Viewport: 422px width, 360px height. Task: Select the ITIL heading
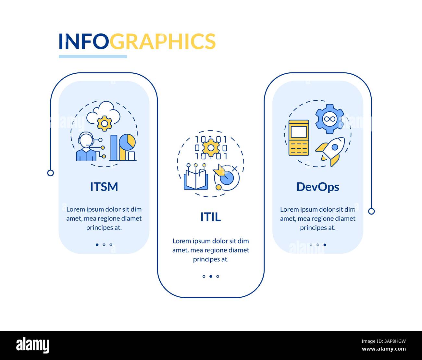(x=211, y=217)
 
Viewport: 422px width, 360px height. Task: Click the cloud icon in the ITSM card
(x=104, y=112)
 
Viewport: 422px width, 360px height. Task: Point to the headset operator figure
(x=86, y=147)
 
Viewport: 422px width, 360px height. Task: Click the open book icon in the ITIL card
(x=196, y=179)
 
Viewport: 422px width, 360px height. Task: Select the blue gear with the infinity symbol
(x=329, y=118)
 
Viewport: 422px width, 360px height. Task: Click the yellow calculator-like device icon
(x=299, y=138)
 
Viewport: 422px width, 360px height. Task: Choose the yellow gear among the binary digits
(x=211, y=148)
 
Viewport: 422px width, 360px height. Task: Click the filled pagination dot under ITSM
(x=97, y=245)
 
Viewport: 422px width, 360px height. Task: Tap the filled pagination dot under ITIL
(x=211, y=277)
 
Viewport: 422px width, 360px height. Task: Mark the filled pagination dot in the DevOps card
(x=325, y=245)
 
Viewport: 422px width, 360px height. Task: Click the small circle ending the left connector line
(x=50, y=173)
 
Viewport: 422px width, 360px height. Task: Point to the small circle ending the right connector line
(x=371, y=211)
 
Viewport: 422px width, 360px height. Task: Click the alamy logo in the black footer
(x=33, y=345)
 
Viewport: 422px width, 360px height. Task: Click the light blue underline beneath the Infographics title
(x=93, y=56)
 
